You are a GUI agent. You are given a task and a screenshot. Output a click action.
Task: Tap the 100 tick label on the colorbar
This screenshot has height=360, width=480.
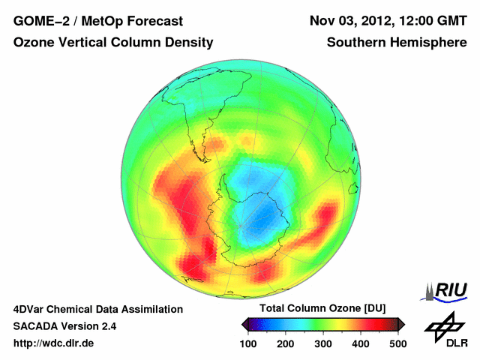[x=248, y=343]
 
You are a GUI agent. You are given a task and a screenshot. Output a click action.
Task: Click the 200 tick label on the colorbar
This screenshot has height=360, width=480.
[x=286, y=343]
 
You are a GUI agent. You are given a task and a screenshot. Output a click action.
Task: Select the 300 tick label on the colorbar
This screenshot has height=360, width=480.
[x=323, y=343]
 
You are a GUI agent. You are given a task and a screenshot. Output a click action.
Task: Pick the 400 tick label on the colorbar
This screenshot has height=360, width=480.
[x=361, y=343]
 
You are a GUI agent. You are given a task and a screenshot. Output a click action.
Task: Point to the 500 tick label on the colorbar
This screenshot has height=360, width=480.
[x=398, y=343]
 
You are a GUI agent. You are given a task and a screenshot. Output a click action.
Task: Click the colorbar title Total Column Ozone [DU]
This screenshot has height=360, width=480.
[x=322, y=309]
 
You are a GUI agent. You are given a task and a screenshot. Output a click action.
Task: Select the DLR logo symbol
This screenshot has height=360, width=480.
[x=442, y=325]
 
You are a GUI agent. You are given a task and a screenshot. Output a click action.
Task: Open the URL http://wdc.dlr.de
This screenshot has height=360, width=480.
[x=54, y=343]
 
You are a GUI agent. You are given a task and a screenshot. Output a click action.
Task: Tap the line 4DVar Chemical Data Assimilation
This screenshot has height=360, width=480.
[x=98, y=309]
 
